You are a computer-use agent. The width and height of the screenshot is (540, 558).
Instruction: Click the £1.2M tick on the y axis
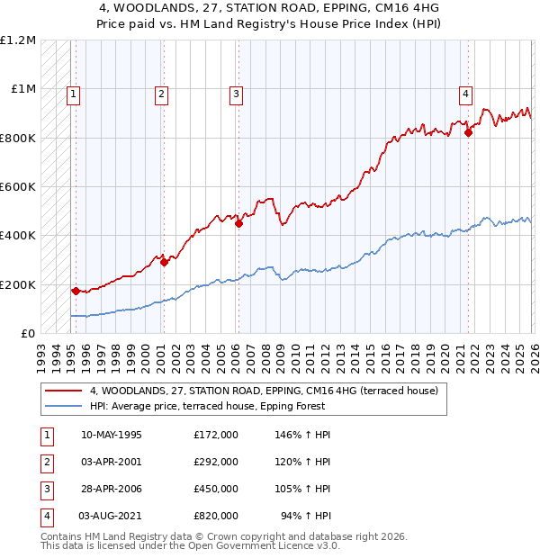pos(18,40)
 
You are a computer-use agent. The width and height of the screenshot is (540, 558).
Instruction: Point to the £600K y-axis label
pos(18,187)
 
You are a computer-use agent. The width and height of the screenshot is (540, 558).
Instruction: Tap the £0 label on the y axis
pos(29,334)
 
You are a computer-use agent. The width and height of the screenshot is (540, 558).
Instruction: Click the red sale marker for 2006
pos(238,224)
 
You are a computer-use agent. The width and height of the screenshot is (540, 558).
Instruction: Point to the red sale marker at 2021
pos(468,133)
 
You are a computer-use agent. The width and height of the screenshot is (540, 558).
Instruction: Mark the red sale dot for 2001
pos(164,263)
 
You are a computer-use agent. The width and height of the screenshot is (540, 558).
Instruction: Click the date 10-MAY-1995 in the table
pos(112,435)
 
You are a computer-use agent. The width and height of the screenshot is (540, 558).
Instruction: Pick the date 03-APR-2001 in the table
pos(112,462)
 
